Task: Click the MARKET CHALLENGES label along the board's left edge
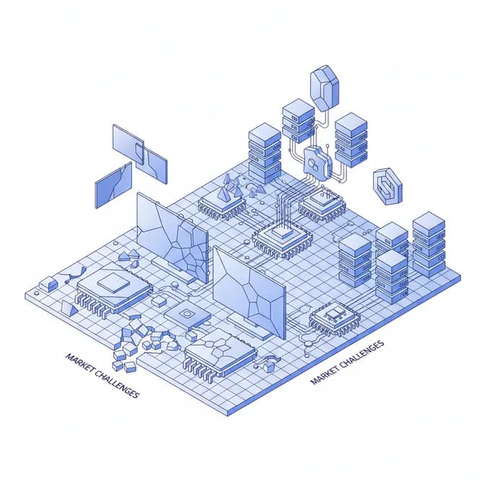pyautogui.click(x=102, y=375)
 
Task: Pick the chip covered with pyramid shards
pyautogui.click(x=222, y=199)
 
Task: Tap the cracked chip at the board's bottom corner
pyautogui.click(x=221, y=351)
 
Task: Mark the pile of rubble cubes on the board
pyautogui.click(x=141, y=339)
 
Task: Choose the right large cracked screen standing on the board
pyautogui.click(x=250, y=289)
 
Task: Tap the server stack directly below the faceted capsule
pyautogui.click(x=298, y=120)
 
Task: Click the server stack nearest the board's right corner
pyautogui.click(x=429, y=244)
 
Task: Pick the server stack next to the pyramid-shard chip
pyautogui.click(x=264, y=154)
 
